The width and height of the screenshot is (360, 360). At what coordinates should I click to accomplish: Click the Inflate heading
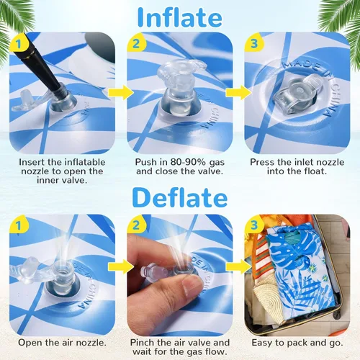pos(180,17)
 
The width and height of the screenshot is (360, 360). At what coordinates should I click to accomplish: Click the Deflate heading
pos(180,198)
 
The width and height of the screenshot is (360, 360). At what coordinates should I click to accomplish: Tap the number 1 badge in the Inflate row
pos(19,44)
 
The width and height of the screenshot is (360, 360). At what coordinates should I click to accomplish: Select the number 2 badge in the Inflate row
pos(136,44)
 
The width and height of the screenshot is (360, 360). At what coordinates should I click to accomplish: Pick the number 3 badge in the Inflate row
pos(253,44)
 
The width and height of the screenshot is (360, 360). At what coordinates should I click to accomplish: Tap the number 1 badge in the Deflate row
pos(19,226)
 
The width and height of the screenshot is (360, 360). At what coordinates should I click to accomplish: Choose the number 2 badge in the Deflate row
pos(136,226)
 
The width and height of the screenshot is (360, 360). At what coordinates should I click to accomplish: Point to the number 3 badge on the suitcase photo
pos(253,226)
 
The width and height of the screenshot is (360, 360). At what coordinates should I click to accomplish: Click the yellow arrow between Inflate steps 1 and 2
pos(121,92)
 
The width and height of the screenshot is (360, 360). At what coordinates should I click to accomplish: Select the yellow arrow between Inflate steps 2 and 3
pos(238,92)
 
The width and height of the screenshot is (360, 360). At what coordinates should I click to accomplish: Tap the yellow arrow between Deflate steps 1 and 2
pos(121,266)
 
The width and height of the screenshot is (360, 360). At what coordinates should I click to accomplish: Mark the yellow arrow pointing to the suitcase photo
pos(238,266)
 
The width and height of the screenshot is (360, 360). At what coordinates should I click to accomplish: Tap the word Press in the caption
pos(262,162)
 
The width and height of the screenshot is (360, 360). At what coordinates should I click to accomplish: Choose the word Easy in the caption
pos(261,343)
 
